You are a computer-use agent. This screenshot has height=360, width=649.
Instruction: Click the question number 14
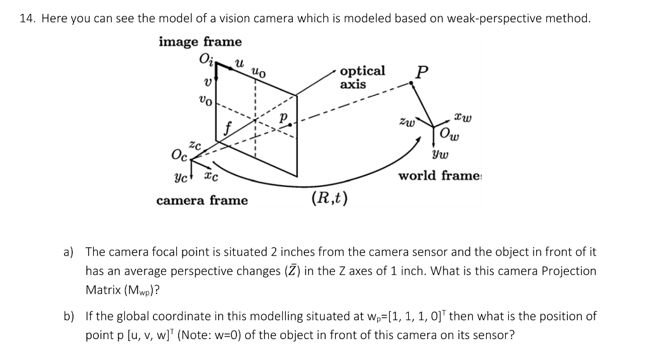pyautogui.click(x=26, y=18)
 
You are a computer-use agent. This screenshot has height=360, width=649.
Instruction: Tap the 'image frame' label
pyautogui.click(x=200, y=42)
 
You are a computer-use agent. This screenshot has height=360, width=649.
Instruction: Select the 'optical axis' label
pyautogui.click(x=362, y=77)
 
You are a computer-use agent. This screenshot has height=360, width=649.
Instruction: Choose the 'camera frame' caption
pyautogui.click(x=202, y=201)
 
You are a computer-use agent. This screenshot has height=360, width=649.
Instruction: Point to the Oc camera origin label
pyautogui.click(x=179, y=155)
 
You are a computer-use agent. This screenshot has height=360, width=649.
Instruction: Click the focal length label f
pyautogui.click(x=226, y=129)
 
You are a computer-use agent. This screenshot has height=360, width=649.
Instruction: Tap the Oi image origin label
pyautogui.click(x=207, y=60)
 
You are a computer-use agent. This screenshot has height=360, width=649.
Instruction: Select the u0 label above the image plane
pyautogui.click(x=259, y=72)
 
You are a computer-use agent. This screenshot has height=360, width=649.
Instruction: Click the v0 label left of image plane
pyautogui.click(x=205, y=100)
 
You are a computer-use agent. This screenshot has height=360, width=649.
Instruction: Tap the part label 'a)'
pyautogui.click(x=68, y=252)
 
